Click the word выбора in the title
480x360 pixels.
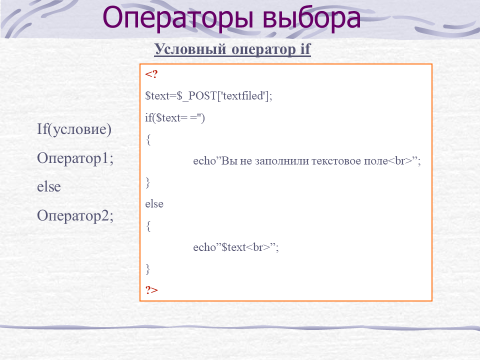[311, 18]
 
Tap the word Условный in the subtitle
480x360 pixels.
[190, 49]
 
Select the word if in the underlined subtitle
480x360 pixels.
[305, 48]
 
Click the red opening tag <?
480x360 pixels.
[151, 74]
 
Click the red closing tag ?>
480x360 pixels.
[151, 289]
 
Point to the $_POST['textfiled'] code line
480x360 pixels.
[208, 96]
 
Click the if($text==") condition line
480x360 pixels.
[175, 117]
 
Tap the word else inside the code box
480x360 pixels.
[154, 204]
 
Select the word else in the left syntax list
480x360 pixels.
[49, 186]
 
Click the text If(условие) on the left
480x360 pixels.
[74, 129]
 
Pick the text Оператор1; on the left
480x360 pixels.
[75, 158]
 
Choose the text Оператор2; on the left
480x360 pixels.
[75, 216]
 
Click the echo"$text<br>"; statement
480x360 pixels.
[235, 247]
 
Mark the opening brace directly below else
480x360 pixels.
[148, 226]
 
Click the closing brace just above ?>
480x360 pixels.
[148, 269]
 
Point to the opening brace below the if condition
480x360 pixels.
[148, 139]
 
